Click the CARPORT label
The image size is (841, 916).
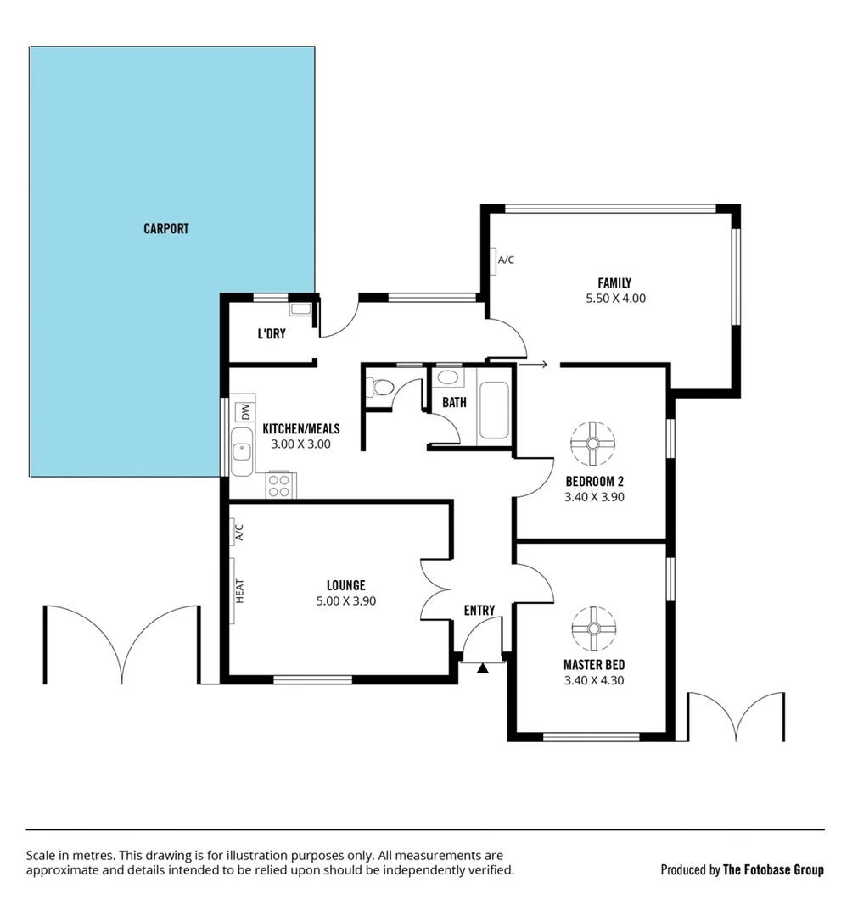coord(165,229)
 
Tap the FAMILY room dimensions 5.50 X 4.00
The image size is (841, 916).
coord(614,299)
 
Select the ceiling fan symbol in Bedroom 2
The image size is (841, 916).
coord(592,443)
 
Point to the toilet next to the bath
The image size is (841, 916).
coord(382,388)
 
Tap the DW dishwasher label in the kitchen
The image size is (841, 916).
coord(245,413)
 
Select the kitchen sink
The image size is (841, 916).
coord(243,450)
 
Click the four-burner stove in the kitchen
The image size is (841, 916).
coord(278,485)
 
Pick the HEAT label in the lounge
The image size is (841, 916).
coord(239,590)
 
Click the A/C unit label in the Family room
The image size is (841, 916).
coord(506,260)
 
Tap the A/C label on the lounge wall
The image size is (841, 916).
coord(238,532)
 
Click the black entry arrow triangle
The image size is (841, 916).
coord(483,669)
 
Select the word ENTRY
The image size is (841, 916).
coord(479,611)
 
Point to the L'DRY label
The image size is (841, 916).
coord(272,334)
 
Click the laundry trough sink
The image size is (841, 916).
coord(300,310)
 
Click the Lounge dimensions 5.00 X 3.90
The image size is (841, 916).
coord(345,600)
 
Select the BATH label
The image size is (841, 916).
coord(454,403)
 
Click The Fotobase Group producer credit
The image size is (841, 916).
coord(772,869)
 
